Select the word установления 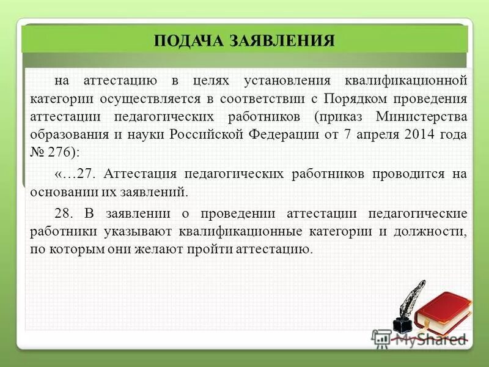[287, 81]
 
